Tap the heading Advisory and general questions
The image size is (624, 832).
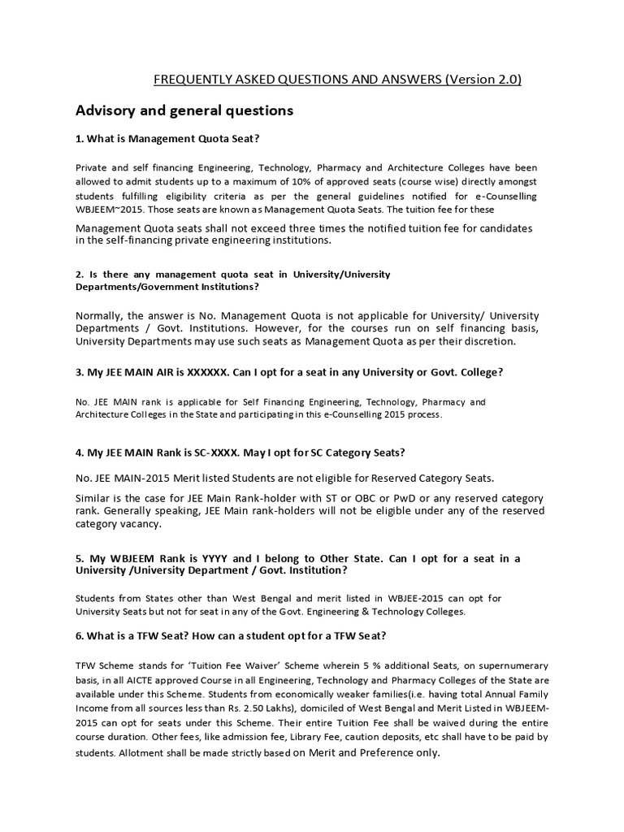pos(184,110)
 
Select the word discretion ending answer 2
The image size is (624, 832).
pos(487,341)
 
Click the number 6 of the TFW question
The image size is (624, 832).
pos(78,635)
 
